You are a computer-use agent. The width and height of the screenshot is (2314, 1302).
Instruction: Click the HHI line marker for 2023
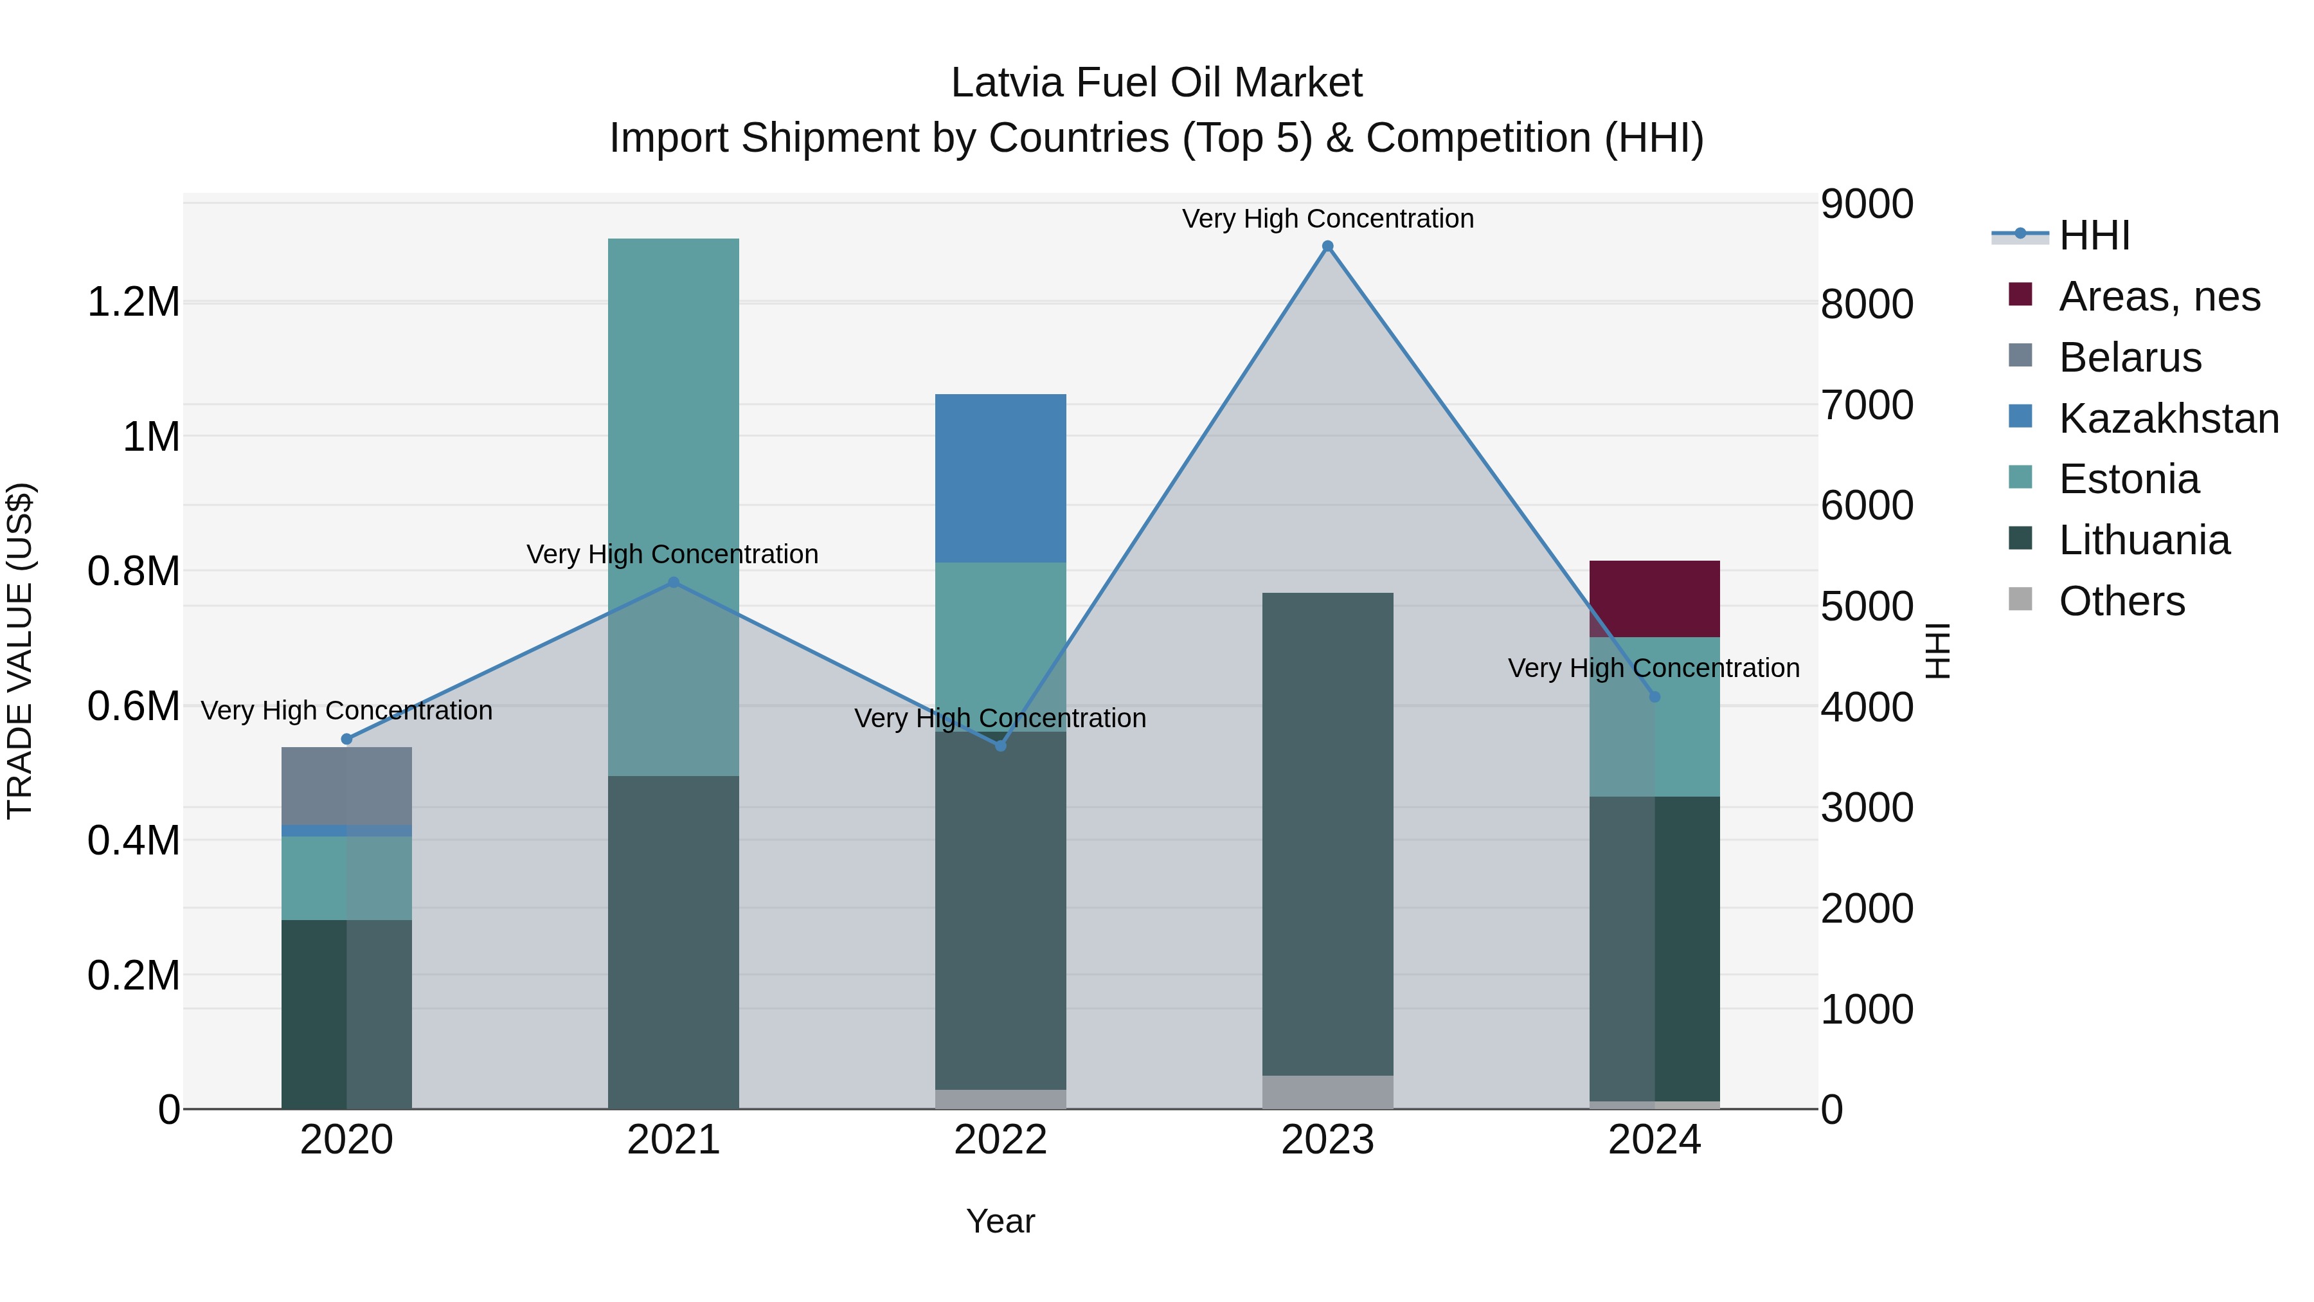pos(1327,246)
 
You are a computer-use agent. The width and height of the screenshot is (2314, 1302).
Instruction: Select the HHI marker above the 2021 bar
pos(674,583)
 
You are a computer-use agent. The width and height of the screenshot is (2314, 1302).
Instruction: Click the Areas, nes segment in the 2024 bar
pos(1654,599)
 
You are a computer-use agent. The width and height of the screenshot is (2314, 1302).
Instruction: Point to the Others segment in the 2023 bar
pos(1327,1091)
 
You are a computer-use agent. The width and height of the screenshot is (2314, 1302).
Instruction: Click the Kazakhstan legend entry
pos(2167,419)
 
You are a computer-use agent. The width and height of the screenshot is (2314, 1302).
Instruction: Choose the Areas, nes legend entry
pos(2158,296)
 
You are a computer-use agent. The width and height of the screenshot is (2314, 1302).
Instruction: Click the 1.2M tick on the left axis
pos(133,302)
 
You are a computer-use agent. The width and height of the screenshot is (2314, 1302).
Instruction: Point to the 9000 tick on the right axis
pos(1867,204)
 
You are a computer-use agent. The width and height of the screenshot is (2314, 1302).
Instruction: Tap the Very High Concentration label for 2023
pos(1327,219)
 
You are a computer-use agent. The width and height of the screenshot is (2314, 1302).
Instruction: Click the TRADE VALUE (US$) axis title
pos(20,651)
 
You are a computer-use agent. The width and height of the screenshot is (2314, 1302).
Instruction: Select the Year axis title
pos(1000,1221)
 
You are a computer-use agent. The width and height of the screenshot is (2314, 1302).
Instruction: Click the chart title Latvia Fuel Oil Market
pos(1156,83)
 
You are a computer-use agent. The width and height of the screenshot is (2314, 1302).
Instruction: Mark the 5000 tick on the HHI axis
pos(1867,606)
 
